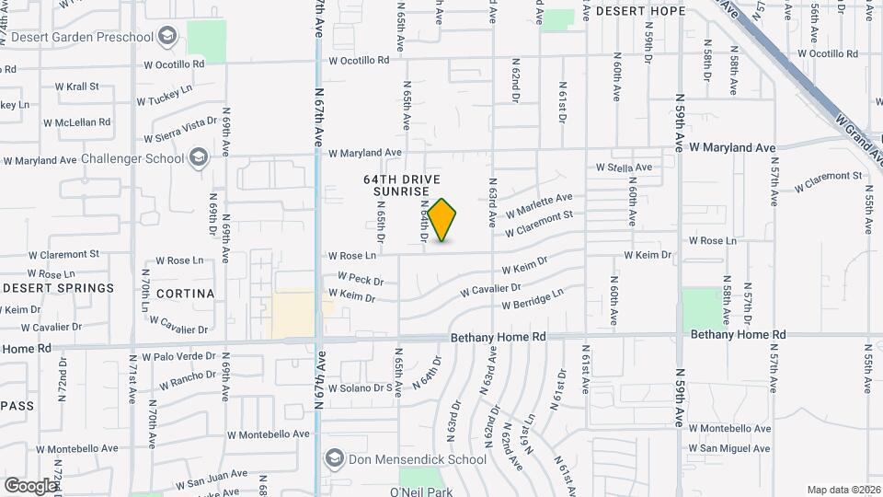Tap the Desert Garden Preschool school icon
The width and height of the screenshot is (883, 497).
point(166,37)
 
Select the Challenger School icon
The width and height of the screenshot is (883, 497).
point(198,158)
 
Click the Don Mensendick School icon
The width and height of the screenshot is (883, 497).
point(334,459)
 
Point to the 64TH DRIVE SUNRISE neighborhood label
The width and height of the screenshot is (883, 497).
point(402,185)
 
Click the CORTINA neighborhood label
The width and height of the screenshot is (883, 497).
point(185,294)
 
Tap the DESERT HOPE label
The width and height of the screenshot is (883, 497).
point(640,11)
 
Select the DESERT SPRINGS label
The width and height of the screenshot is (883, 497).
point(58,288)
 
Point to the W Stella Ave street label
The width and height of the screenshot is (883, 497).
point(624,168)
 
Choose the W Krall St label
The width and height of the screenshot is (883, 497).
point(77,86)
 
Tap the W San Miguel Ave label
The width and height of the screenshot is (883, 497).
point(729,448)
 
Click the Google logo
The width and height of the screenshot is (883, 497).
point(29,485)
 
